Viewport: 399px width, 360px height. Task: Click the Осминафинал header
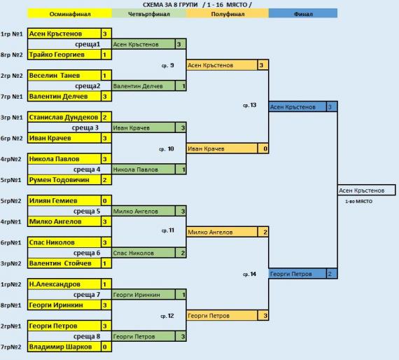point(70,14)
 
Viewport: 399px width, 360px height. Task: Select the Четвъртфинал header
point(149,14)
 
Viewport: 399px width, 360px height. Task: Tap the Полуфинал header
point(227,14)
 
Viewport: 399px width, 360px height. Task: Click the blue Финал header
point(303,14)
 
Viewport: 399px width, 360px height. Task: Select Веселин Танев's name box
point(64,76)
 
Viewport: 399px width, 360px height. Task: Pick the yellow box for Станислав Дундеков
point(64,118)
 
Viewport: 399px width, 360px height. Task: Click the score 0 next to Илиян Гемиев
point(106,201)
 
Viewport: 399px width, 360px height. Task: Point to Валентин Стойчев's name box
point(64,263)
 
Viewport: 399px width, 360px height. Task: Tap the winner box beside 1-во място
point(366,191)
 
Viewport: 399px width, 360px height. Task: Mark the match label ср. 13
point(250,105)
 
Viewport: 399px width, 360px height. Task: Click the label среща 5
point(87,212)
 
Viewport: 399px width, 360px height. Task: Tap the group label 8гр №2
point(11,55)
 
